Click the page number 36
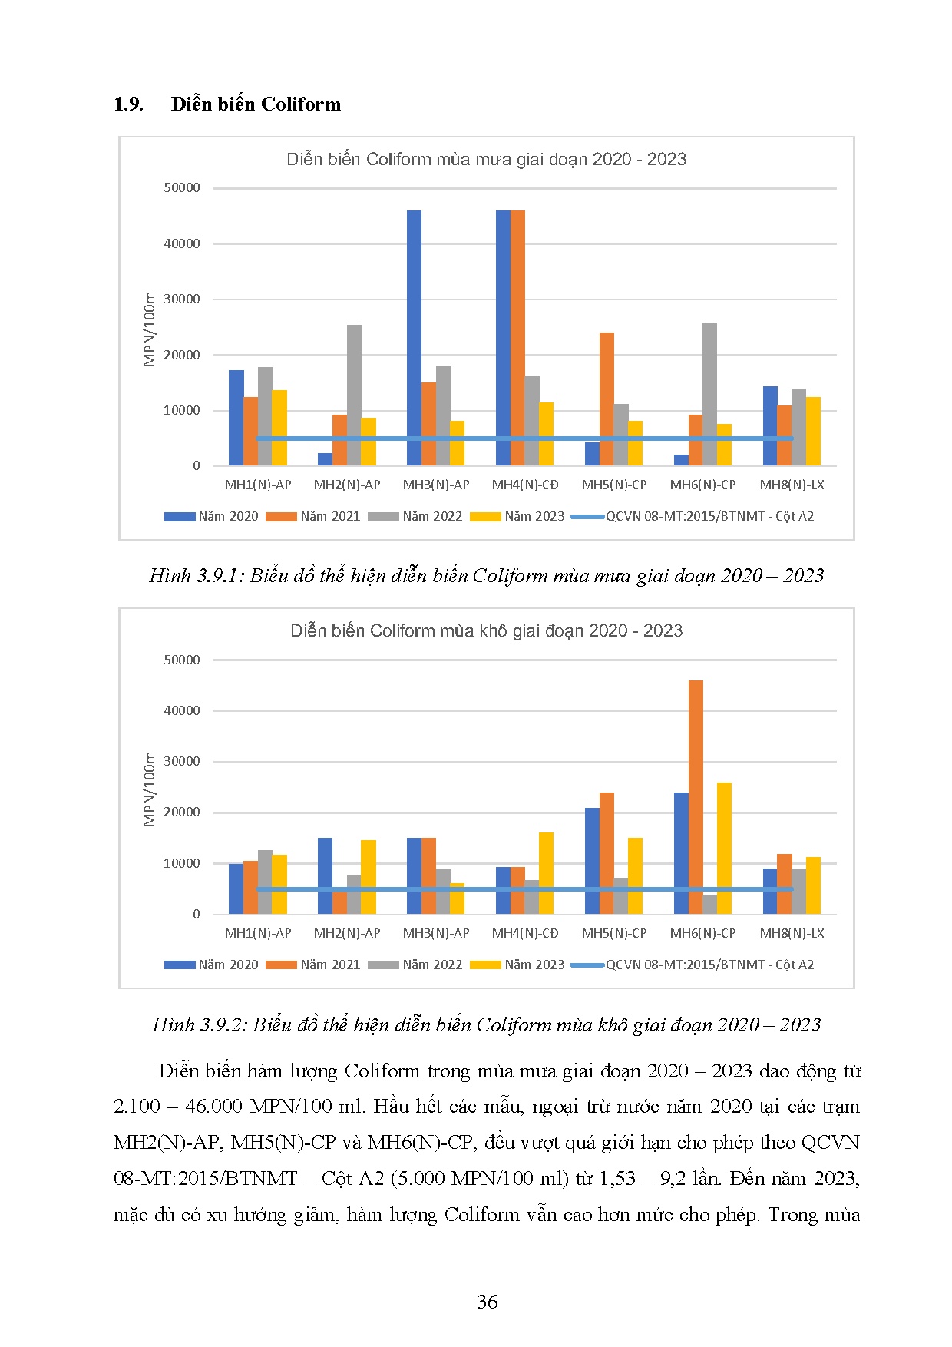(x=487, y=1302)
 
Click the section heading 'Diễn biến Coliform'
(x=256, y=104)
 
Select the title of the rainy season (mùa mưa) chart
(x=486, y=159)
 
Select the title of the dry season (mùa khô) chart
(x=486, y=630)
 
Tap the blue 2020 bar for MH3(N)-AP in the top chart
(x=414, y=338)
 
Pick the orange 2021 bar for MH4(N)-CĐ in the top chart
(x=517, y=338)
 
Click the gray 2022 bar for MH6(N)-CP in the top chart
(x=709, y=394)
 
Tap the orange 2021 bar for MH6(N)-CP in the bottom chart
(x=696, y=796)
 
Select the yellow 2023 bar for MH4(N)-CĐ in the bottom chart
(x=546, y=873)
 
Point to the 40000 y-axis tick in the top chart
(x=182, y=243)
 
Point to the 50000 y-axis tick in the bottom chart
(x=182, y=660)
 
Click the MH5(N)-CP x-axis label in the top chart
(x=614, y=485)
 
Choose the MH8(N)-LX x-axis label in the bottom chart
(x=792, y=933)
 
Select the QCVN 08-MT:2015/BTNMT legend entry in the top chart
(x=709, y=516)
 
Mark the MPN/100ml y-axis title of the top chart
(x=150, y=328)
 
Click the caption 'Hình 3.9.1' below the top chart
(x=197, y=575)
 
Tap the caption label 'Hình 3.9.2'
(x=200, y=1024)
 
